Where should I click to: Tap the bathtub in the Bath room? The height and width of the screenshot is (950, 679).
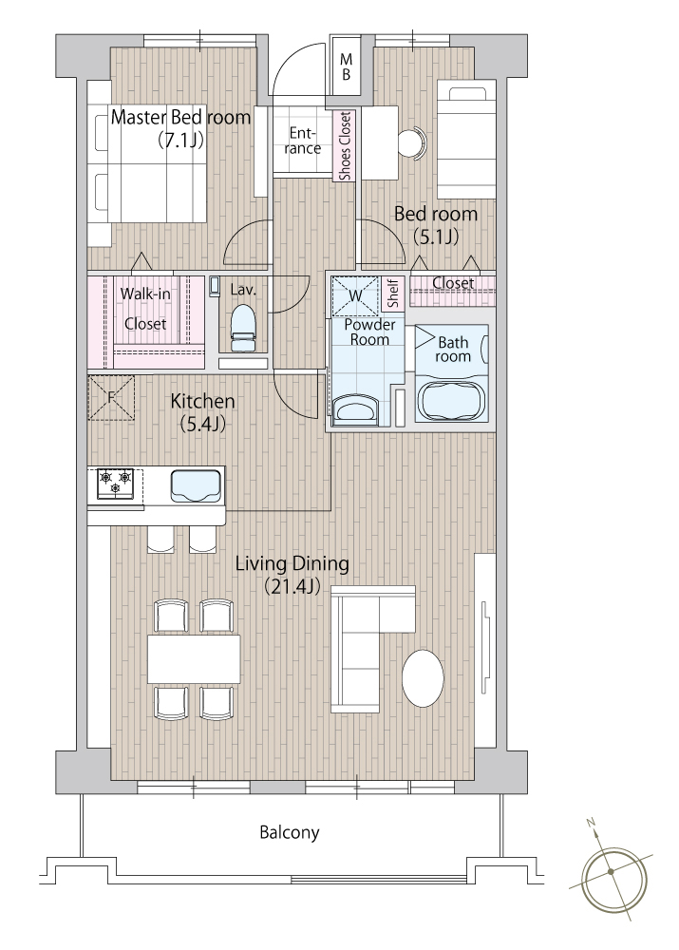pyautogui.click(x=451, y=401)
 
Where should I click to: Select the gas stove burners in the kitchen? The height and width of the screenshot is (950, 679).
pyautogui.click(x=115, y=484)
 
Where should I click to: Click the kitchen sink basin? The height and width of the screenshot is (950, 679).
pyautogui.click(x=196, y=485)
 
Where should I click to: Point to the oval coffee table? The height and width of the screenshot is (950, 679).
pyautogui.click(x=423, y=678)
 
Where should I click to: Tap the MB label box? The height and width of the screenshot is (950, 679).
pyautogui.click(x=346, y=66)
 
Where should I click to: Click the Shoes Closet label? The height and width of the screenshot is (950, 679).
pyautogui.click(x=345, y=146)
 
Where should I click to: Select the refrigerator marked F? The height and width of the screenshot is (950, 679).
pyautogui.click(x=111, y=397)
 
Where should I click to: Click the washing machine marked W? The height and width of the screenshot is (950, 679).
pyautogui.click(x=354, y=296)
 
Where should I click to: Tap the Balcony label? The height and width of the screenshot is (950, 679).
pyautogui.click(x=290, y=832)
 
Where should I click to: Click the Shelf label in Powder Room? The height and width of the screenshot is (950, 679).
pyautogui.click(x=393, y=294)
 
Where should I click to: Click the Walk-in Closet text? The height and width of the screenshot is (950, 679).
pyautogui.click(x=145, y=309)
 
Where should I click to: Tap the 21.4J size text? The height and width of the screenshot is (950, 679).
pyautogui.click(x=292, y=586)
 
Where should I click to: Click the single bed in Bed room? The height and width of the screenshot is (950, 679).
pyautogui.click(x=465, y=141)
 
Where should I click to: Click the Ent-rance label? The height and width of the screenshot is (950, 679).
pyautogui.click(x=303, y=141)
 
